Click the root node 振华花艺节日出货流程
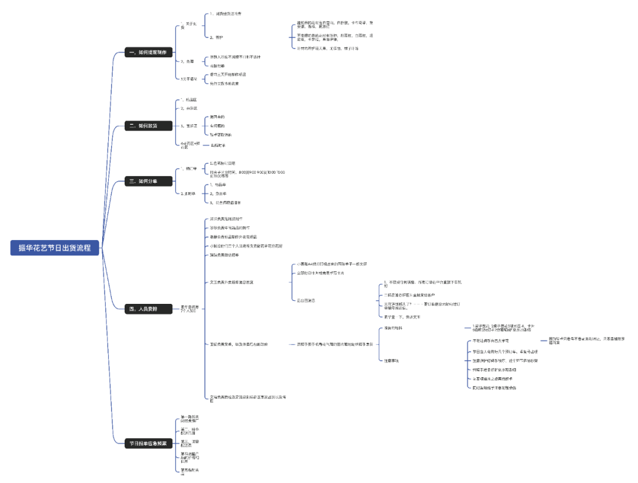[x=54, y=248]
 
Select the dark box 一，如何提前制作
[x=148, y=53]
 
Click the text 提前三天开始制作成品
[x=228, y=74]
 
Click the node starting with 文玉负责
[x=232, y=282]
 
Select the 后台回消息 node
[x=306, y=300]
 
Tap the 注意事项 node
[x=391, y=360]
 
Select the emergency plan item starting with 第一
[x=190, y=419]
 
